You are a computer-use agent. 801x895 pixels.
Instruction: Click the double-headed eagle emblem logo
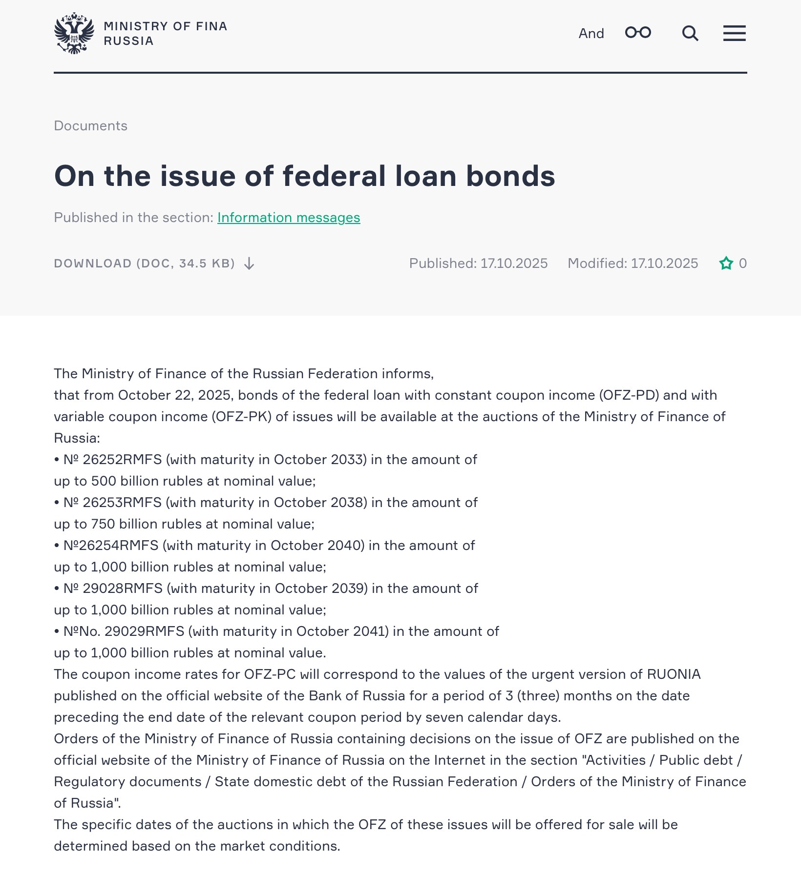(x=74, y=33)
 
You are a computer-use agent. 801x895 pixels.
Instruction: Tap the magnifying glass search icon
(x=690, y=33)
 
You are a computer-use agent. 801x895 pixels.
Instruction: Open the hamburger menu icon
(x=734, y=33)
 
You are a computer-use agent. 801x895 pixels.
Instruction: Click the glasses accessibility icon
(x=638, y=33)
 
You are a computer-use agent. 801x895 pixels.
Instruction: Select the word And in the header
(x=591, y=33)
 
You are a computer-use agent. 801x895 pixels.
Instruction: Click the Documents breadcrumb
(x=90, y=126)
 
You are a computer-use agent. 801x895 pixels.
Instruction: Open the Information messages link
(x=289, y=218)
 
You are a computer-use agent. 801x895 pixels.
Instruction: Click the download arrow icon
(x=249, y=264)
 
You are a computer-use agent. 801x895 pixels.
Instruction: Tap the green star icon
(x=726, y=264)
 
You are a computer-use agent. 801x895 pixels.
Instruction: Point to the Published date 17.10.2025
(x=514, y=264)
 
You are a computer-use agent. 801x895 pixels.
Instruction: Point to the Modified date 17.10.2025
(x=664, y=264)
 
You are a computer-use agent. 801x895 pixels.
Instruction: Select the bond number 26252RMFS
(x=122, y=460)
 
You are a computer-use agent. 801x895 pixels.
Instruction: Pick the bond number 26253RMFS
(x=122, y=503)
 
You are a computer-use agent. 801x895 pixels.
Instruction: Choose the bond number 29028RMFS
(x=123, y=589)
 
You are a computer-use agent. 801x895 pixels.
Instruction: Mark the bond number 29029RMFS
(x=145, y=631)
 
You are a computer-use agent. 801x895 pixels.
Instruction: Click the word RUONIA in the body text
(x=674, y=674)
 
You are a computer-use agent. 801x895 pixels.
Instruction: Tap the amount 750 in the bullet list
(x=103, y=524)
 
